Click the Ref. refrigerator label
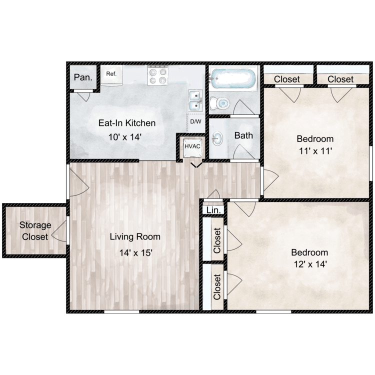[x=111, y=74]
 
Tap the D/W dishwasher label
[x=194, y=121]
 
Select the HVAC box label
[x=191, y=146]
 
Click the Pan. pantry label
[x=82, y=77]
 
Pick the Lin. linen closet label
[x=213, y=210]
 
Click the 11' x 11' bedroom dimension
[x=315, y=150]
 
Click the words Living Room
[x=135, y=236]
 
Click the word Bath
[x=243, y=135]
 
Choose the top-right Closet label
[x=340, y=79]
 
